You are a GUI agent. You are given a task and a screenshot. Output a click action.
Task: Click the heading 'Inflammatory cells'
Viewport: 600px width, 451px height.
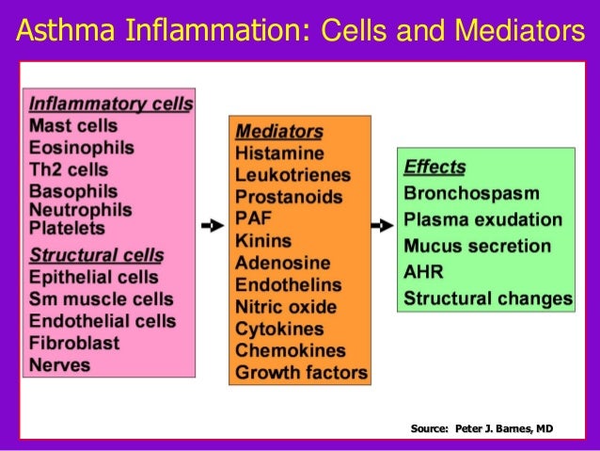(111, 104)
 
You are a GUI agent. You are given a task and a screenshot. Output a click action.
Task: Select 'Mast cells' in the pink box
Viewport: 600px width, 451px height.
(73, 125)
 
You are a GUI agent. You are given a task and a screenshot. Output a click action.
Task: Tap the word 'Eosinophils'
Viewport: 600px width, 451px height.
(82, 148)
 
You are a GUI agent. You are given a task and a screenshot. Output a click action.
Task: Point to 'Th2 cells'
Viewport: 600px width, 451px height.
(69, 170)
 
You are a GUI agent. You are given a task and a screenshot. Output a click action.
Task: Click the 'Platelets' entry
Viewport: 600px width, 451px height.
(68, 228)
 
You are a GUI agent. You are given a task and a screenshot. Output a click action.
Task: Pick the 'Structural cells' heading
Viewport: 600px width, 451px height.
(97, 254)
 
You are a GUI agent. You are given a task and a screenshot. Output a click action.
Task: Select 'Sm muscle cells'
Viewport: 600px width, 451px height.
(102, 299)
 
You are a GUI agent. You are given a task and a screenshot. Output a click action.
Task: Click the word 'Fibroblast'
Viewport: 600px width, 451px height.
(74, 343)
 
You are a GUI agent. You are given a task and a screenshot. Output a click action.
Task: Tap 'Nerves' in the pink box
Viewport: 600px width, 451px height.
(60, 364)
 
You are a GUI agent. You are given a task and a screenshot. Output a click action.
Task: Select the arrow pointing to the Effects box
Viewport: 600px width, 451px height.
(381, 226)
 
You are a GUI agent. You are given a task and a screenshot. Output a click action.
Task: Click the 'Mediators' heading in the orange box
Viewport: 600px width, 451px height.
(278, 132)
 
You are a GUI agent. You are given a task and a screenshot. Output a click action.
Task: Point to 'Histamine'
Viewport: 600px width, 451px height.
(279, 153)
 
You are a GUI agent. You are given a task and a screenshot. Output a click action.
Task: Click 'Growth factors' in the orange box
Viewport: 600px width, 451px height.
(301, 373)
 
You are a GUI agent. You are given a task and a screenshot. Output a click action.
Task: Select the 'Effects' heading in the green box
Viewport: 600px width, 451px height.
(434, 169)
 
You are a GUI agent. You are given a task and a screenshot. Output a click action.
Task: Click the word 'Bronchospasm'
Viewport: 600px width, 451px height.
(471, 194)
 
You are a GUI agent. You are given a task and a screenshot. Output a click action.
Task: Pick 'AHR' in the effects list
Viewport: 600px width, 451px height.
(423, 273)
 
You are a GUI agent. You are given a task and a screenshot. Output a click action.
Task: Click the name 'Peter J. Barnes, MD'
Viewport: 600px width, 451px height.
(504, 429)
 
